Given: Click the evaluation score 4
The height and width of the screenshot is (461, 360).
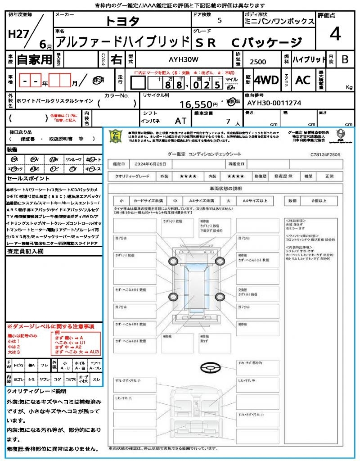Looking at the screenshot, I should coord(334,34).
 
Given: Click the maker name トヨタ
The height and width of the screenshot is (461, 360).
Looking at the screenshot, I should coord(122,21).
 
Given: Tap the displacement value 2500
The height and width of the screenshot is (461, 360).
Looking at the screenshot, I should coord(257,62).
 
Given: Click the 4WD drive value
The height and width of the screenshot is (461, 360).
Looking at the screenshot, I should coord(266,80).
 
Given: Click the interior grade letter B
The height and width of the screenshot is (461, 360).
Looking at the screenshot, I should coord(345,59).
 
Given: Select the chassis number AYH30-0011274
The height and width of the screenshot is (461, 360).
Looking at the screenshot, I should coord(274,103).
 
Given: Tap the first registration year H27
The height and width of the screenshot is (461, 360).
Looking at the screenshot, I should coord(17,34).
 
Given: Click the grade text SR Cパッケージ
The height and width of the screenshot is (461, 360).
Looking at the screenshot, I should coord(248,43).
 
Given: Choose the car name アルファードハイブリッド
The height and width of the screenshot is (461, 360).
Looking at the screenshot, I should coord(121,42).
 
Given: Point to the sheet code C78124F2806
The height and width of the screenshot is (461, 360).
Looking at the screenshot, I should coord(325,154).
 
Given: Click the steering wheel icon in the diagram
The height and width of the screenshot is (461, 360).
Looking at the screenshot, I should coord(210,369).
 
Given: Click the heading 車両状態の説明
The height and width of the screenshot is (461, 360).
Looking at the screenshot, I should coord(225,188).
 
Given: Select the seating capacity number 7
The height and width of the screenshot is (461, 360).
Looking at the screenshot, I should coord(227,122).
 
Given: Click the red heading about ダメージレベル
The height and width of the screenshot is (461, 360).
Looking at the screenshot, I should coord(50,326).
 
